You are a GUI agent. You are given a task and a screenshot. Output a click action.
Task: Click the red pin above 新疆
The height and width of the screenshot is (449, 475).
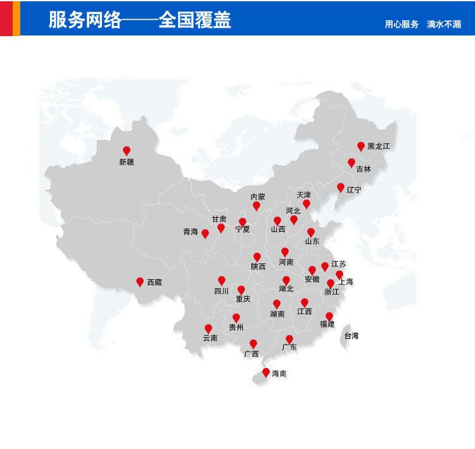pos(127,151)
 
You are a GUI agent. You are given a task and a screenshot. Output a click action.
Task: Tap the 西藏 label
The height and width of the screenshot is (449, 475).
pos(155,282)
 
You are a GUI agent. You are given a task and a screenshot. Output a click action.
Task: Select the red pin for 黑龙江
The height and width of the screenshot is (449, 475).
pos(361,146)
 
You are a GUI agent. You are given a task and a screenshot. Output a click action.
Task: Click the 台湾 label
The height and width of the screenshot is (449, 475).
pos(351,336)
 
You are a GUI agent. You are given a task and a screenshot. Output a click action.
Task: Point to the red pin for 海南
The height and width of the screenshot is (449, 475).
pos(266,372)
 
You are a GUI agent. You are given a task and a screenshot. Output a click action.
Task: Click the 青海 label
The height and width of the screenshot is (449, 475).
pos(191,232)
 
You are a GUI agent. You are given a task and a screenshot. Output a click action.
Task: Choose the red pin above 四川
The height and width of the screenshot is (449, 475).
pos(222,281)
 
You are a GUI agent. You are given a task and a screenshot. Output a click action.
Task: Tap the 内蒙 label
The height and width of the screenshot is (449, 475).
pos(258,197)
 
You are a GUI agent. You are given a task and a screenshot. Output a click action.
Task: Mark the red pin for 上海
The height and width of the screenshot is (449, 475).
pos(339,274)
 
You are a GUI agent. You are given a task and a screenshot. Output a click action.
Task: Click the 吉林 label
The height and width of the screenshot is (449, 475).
pos(364,169)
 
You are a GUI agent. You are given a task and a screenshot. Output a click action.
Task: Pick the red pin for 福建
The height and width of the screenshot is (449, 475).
pos(329,316)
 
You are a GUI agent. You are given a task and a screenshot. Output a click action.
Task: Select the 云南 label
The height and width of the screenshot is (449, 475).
pos(210,338)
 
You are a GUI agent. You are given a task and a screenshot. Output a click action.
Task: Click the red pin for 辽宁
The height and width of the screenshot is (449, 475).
pos(341,187)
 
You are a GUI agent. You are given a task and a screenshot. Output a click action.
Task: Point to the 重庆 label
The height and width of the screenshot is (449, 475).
pos(243,299)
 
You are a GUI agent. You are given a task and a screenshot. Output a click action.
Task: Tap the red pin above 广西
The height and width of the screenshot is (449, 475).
pos(253,344)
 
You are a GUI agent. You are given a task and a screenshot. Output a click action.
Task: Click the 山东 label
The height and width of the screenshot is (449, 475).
pos(312,241)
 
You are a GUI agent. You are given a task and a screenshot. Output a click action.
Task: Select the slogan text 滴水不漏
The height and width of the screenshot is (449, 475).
pos(444,25)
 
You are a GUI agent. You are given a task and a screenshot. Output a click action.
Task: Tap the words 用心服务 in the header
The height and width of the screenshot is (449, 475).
pos(402,25)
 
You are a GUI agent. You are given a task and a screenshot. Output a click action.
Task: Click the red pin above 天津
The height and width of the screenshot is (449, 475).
pos(307,204)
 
